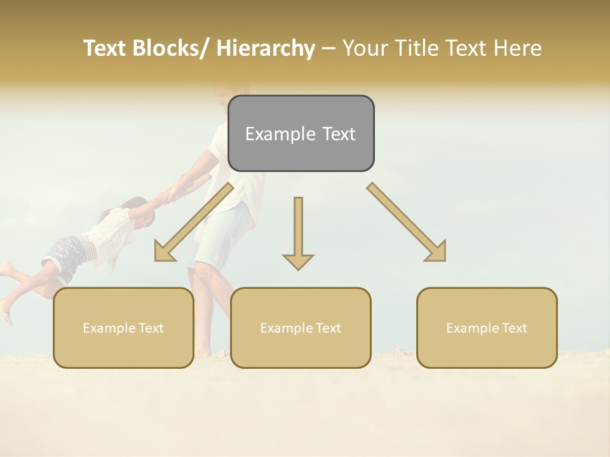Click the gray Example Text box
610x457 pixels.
pyautogui.click(x=301, y=133)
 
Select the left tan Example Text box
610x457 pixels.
pyautogui.click(x=123, y=328)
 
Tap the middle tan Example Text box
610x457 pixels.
pyautogui.click(x=301, y=328)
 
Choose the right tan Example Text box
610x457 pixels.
pyautogui.click(x=487, y=328)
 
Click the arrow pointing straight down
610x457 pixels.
pyautogui.click(x=298, y=232)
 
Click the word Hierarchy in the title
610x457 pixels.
pyautogui.click(x=266, y=48)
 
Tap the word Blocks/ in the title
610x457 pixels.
pyautogui.click(x=171, y=48)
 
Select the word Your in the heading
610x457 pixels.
pyautogui.click(x=364, y=48)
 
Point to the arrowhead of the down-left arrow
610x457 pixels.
pyautogui.click(x=165, y=252)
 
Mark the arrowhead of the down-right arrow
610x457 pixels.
pyautogui.click(x=436, y=252)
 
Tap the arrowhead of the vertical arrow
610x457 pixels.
pyautogui.click(x=298, y=261)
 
